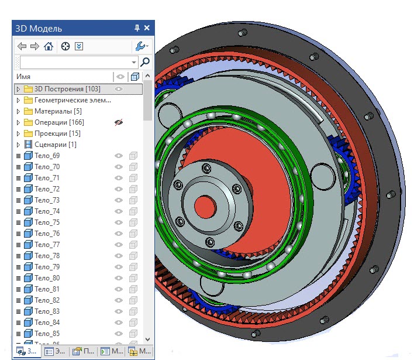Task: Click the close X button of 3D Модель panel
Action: tap(147, 28)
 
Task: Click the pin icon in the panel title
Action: tap(137, 28)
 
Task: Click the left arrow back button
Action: tap(22, 46)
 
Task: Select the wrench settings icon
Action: tap(140, 46)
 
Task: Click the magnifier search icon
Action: tap(145, 61)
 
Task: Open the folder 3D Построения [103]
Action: tap(67, 89)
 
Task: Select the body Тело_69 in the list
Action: tap(47, 156)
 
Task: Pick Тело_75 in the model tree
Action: tap(47, 222)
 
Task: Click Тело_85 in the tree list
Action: tap(47, 334)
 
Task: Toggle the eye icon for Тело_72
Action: tap(119, 189)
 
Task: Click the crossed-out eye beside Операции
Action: tap(119, 122)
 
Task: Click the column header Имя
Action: tap(23, 77)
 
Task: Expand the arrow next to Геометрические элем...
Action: tap(18, 100)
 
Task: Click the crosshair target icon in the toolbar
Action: tap(65, 46)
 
